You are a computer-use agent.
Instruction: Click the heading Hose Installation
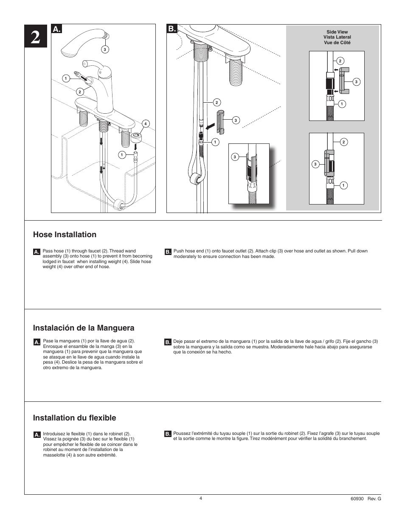[x=65, y=235]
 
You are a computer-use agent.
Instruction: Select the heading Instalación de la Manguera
[x=84, y=328]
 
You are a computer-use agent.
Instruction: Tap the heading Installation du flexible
[x=74, y=418]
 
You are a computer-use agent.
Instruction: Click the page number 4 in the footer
[x=201, y=498]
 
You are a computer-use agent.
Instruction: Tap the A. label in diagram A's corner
[x=57, y=29]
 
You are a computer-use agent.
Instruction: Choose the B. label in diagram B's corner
[x=172, y=29]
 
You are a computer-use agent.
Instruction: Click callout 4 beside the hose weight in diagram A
[x=145, y=124]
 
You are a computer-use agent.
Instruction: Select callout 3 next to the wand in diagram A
[x=105, y=49]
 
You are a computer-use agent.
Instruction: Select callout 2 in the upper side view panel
[x=340, y=61]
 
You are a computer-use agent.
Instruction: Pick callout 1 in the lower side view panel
[x=343, y=185]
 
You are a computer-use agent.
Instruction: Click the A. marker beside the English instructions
[x=37, y=252]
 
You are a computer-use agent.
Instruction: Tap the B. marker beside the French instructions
[x=168, y=434]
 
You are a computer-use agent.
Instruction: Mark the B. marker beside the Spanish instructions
[x=168, y=342]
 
